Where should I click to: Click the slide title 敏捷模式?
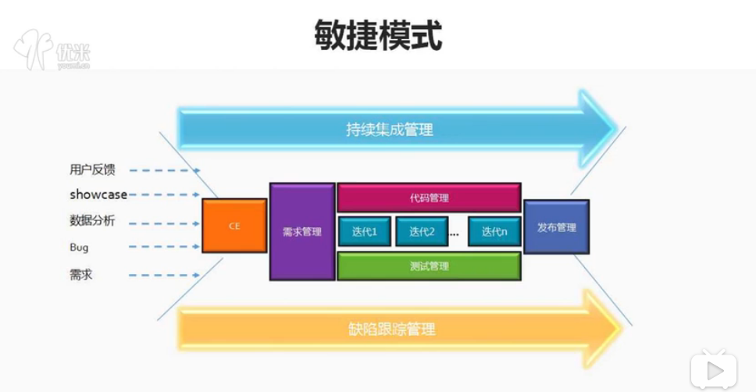[378, 34]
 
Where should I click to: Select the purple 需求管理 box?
[301, 232]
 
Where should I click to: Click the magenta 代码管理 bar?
[429, 198]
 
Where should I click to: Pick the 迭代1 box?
[364, 232]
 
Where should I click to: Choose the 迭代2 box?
[422, 232]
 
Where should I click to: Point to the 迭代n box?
[494, 232]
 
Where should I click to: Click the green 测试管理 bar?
[429, 266]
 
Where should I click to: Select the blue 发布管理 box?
[556, 227]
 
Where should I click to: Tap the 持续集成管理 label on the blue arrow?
[390, 130]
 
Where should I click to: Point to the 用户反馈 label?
[92, 169]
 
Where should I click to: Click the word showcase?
[98, 194]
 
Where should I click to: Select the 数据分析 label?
[92, 221]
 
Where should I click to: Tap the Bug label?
[79, 248]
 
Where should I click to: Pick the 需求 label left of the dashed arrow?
[81, 275]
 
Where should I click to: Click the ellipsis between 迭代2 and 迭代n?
[455, 233]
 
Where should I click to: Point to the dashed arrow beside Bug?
[164, 248]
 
